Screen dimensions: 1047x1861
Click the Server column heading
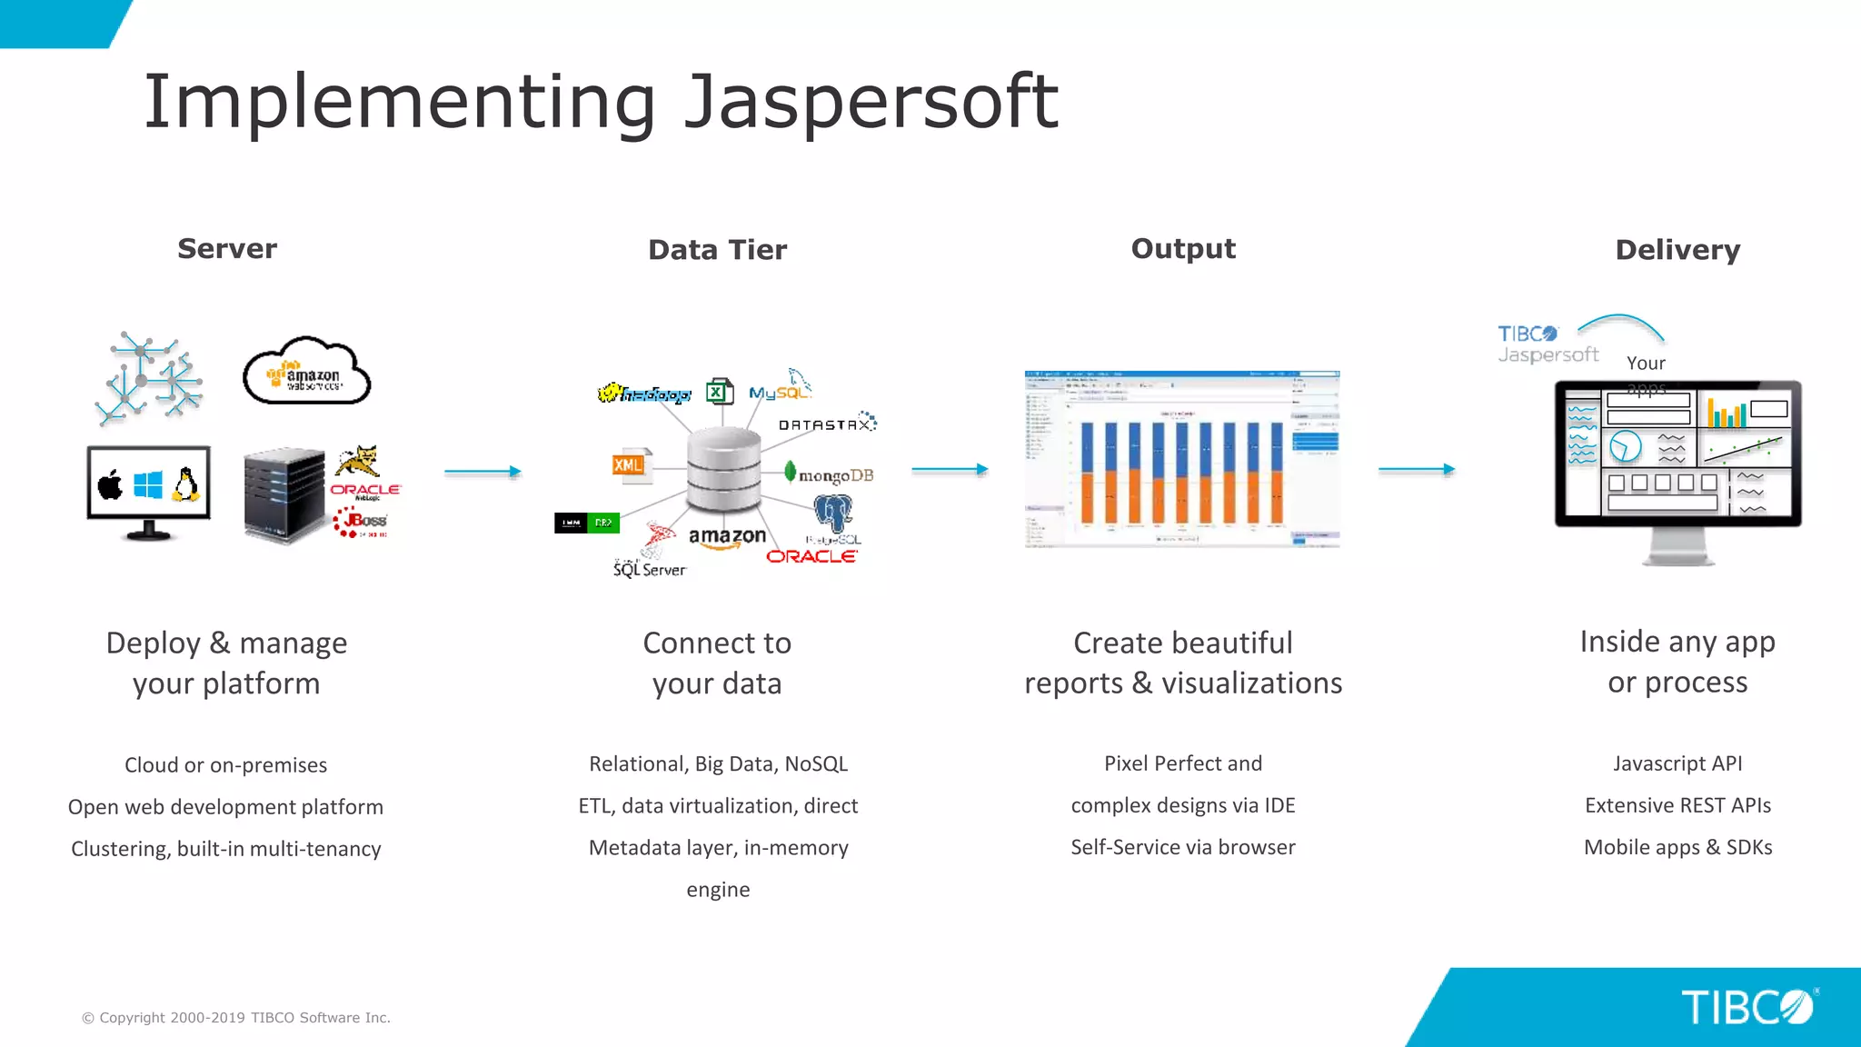click(227, 249)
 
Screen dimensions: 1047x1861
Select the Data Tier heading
click(717, 250)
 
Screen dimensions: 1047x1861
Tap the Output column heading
click(1183, 249)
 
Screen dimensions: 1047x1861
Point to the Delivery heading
click(1677, 250)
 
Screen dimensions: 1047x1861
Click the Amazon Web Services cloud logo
click(307, 372)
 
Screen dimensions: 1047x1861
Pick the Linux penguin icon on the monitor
click(186, 484)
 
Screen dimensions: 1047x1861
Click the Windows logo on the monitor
click(148, 484)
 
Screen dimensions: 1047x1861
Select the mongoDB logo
click(829, 474)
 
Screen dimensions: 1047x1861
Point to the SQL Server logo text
click(649, 569)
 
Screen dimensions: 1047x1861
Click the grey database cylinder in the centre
click(723, 471)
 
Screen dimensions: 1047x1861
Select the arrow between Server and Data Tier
click(483, 472)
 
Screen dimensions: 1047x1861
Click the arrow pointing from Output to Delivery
click(1417, 470)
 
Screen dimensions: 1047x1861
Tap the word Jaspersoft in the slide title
click(871, 102)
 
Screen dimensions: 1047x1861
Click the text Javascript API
click(1677, 763)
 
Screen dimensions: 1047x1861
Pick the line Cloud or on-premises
click(225, 765)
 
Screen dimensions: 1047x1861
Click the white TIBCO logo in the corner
click(1747, 1007)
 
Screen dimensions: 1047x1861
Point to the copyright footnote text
click(236, 1018)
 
